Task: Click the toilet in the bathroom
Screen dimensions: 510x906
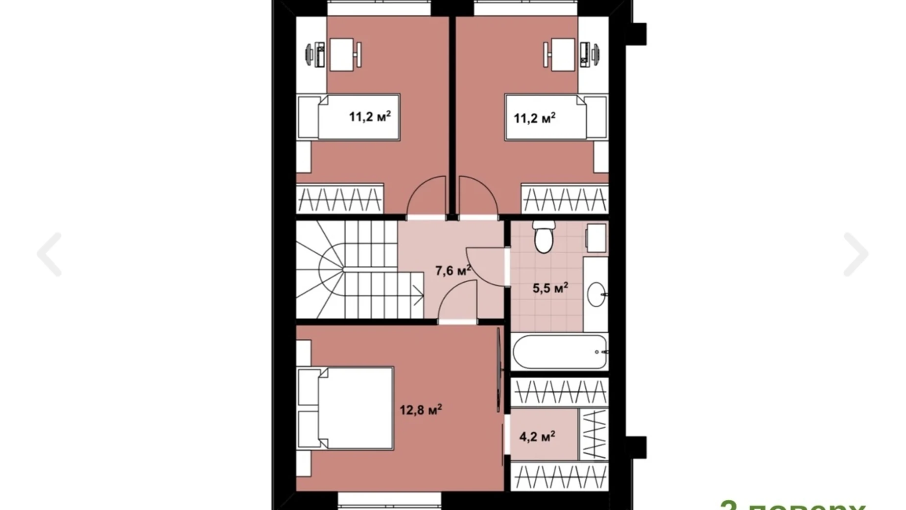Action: (543, 237)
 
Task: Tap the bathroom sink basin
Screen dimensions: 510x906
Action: (596, 294)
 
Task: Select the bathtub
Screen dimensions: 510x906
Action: (559, 352)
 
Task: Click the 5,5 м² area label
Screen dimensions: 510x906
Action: (550, 288)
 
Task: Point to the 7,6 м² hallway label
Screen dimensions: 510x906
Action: (453, 270)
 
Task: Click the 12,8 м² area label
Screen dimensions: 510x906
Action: (421, 409)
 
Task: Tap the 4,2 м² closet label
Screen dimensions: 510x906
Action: (537, 436)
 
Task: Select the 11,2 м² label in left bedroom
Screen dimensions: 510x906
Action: (370, 117)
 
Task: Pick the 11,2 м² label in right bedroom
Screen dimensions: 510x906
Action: (534, 118)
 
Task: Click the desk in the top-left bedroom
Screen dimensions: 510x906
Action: (341, 54)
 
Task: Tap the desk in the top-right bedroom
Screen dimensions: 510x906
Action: (564, 54)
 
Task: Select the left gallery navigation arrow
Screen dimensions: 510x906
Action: (49, 255)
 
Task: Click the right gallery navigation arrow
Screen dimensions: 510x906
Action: (856, 255)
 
